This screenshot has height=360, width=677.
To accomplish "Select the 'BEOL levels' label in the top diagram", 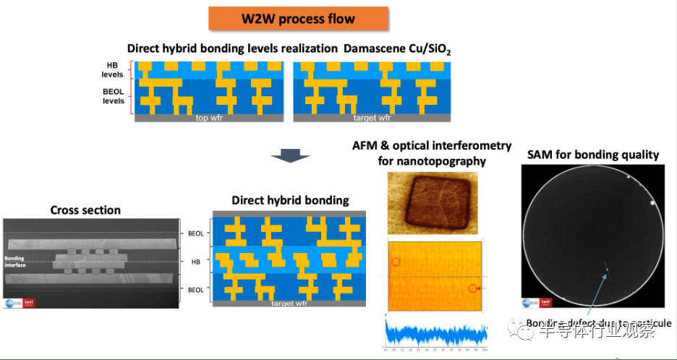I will (x=113, y=96).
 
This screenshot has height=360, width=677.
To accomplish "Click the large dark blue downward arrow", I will (x=289, y=155).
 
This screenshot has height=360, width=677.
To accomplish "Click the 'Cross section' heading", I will (x=85, y=210).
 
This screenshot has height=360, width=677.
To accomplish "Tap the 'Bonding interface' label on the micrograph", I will (x=14, y=261).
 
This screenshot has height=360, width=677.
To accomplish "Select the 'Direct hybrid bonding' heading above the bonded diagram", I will (x=290, y=200).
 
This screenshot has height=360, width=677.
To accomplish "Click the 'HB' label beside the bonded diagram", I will (x=196, y=260).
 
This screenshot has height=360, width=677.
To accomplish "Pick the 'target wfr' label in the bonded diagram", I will (x=291, y=303).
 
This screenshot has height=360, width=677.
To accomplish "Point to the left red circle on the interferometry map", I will (x=395, y=261).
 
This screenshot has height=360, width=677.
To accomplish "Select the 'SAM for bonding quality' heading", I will (x=593, y=154).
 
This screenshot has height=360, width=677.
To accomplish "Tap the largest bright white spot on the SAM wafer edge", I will (x=654, y=203).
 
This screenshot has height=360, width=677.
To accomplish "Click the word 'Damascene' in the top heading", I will (x=380, y=48).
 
